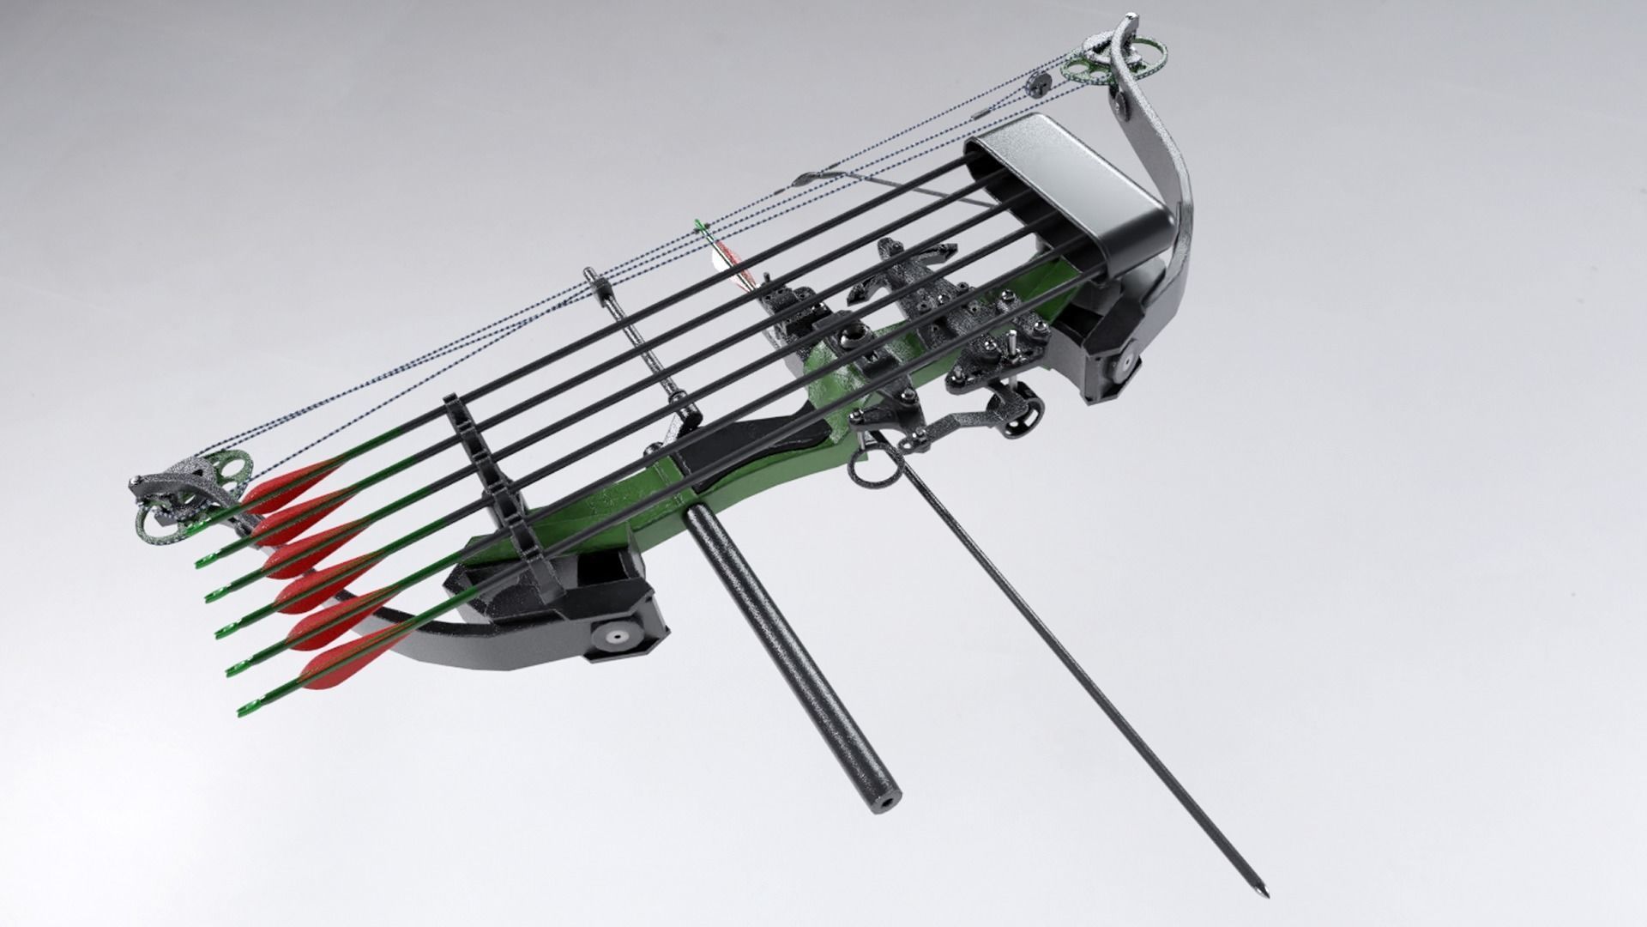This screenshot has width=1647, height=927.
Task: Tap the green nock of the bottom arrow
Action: tap(242, 712)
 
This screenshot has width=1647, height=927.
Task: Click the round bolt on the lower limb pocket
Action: tap(615, 639)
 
